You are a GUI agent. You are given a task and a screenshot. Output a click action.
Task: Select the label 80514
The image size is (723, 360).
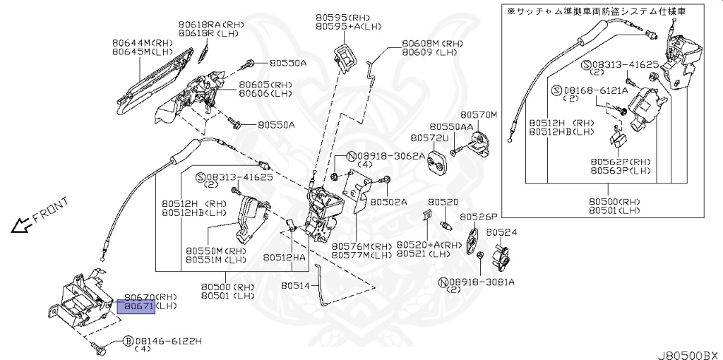[x=294, y=286]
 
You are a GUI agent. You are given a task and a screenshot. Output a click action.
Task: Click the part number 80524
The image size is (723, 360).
[x=501, y=232]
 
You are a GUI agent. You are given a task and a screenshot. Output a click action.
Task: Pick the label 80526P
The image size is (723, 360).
[x=479, y=217]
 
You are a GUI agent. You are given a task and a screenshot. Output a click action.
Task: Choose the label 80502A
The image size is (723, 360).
[x=389, y=201]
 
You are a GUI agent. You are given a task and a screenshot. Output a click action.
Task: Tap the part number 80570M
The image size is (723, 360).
[x=479, y=114]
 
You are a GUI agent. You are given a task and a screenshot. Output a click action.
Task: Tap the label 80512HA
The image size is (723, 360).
[x=285, y=258]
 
